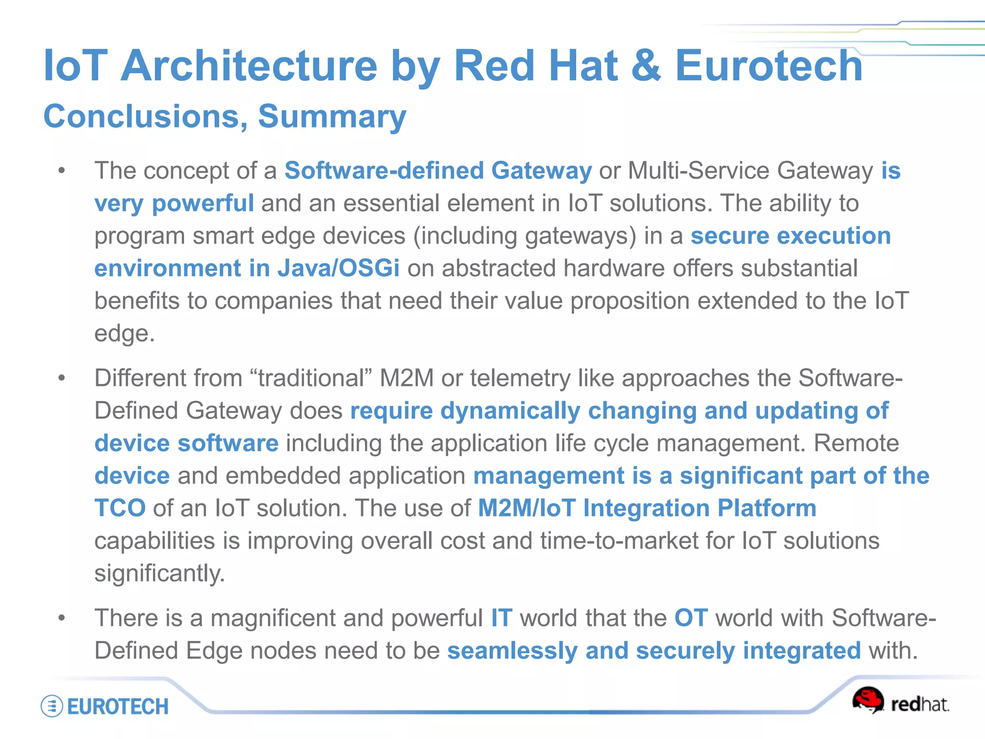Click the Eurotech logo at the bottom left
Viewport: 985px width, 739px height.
pyautogui.click(x=105, y=706)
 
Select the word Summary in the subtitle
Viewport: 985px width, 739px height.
pyautogui.click(x=332, y=117)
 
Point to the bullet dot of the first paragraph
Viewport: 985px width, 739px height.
pyautogui.click(x=62, y=171)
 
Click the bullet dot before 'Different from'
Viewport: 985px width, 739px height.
pyautogui.click(x=62, y=378)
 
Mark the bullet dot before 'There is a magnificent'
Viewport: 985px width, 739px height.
pyautogui.click(x=62, y=618)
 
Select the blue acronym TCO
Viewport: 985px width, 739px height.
pyautogui.click(x=120, y=508)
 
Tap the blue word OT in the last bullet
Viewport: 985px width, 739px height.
pyautogui.click(x=691, y=618)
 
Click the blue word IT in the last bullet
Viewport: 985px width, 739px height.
pyautogui.click(x=501, y=618)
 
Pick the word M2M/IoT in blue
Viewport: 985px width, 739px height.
pyautogui.click(x=527, y=508)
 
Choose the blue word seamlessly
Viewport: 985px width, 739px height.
pyautogui.click(x=512, y=650)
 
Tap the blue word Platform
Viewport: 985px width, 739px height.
pyautogui.click(x=767, y=508)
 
